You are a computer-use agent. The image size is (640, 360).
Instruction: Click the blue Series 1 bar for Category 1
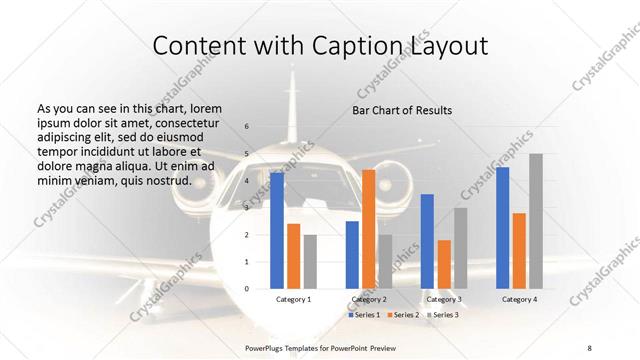click(277, 231)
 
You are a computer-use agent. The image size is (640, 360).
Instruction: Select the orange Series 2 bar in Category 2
click(369, 229)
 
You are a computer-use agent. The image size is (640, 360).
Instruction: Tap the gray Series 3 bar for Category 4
click(536, 221)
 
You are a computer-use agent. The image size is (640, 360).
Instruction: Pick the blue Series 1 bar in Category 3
click(427, 241)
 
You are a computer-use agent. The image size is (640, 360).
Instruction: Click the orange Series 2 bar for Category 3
click(444, 264)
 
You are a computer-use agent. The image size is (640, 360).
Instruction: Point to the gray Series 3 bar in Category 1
click(310, 262)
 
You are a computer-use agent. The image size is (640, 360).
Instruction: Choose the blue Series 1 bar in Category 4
click(502, 228)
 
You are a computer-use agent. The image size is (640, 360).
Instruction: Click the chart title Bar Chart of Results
click(402, 110)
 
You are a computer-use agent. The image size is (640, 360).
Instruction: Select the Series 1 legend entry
click(364, 315)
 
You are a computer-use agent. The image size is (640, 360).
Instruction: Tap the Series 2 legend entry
click(402, 315)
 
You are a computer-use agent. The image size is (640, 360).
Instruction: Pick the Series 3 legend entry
click(441, 315)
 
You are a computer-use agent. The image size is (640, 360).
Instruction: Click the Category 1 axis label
click(293, 299)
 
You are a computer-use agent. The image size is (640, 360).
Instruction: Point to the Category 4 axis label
click(519, 299)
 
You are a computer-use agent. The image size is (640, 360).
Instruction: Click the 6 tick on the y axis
click(247, 127)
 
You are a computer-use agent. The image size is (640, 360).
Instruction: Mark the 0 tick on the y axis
click(247, 289)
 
